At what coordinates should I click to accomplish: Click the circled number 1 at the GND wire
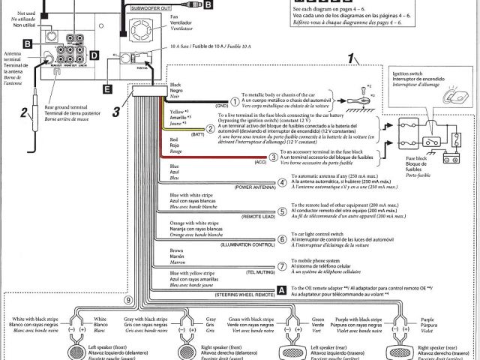click(x=234, y=101)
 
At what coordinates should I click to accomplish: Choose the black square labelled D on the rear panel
click(x=93, y=55)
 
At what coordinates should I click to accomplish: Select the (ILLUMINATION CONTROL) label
click(x=244, y=244)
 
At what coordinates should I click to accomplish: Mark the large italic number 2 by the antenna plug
click(x=24, y=113)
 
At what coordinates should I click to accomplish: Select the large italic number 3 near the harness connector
click(x=116, y=112)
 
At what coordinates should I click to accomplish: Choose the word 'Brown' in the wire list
click(x=177, y=250)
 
